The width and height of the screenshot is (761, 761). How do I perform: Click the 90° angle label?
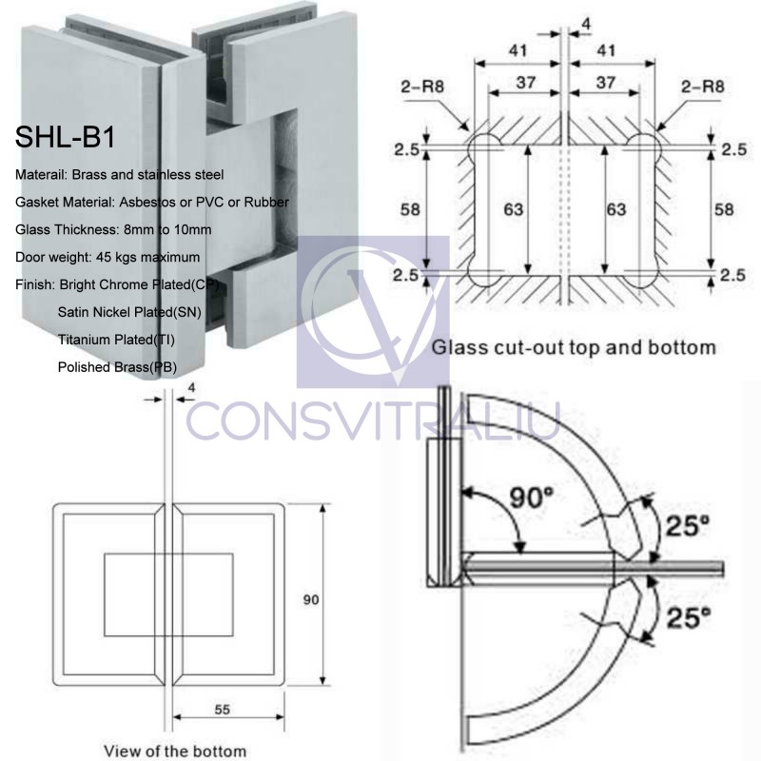[x=529, y=497]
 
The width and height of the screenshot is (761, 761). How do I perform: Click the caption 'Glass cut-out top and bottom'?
[x=574, y=347]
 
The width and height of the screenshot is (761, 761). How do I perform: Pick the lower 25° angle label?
[x=688, y=618]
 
